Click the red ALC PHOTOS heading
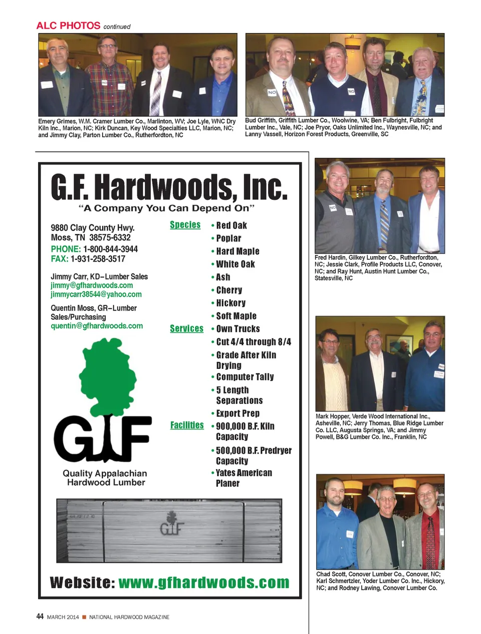pyautogui.click(x=68, y=26)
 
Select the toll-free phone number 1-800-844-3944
pyautogui.click(x=110, y=249)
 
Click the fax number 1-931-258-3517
pyautogui.click(x=98, y=259)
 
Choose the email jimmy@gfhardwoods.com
pyautogui.click(x=92, y=285)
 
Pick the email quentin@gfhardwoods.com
pyautogui.click(x=97, y=326)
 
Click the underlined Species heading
pyautogui.click(x=185, y=225)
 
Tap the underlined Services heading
pyautogui.click(x=186, y=329)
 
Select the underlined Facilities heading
pyautogui.click(x=187, y=425)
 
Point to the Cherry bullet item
pyautogui.click(x=229, y=290)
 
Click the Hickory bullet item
pyautogui.click(x=230, y=303)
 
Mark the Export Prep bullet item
pyautogui.click(x=237, y=413)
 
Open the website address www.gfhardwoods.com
pyautogui.click(x=204, y=582)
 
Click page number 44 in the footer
pyautogui.click(x=40, y=616)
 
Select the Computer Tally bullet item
pyautogui.click(x=245, y=377)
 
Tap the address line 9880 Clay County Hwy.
pyautogui.click(x=93, y=228)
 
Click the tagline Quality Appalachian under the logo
pyautogui.click(x=105, y=473)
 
